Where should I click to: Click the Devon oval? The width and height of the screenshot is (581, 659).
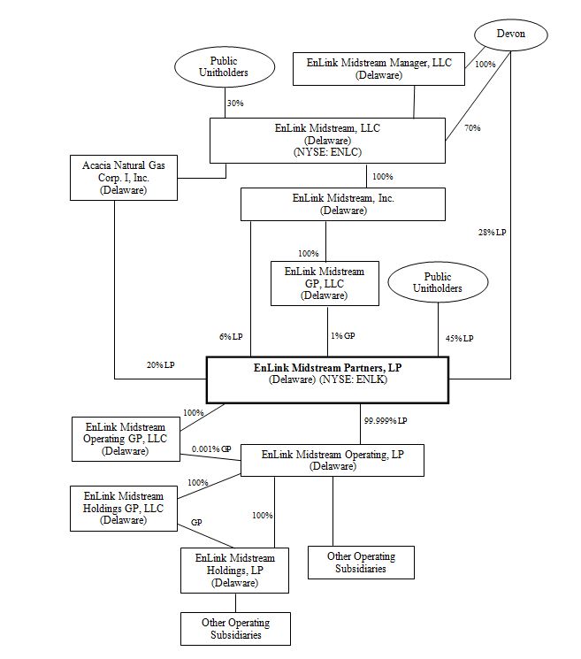(x=511, y=34)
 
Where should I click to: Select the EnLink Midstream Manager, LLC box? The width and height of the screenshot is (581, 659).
(x=378, y=69)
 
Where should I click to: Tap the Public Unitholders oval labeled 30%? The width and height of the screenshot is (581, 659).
(x=225, y=67)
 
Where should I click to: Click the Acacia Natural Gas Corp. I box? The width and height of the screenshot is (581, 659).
(x=124, y=178)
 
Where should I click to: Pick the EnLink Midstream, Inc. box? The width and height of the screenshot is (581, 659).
(x=343, y=204)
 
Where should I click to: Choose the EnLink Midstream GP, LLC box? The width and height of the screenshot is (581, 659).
(x=325, y=284)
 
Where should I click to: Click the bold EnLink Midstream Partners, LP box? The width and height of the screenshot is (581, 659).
(x=328, y=380)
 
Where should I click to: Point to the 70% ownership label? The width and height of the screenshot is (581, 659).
(x=472, y=127)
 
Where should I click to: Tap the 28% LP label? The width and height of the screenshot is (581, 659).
(x=492, y=232)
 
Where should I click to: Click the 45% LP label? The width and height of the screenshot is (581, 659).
(x=459, y=338)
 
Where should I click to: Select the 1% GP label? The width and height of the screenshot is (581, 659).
(x=343, y=336)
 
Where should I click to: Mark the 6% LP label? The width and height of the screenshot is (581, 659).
(x=231, y=337)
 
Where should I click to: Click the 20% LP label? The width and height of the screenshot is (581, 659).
(x=160, y=364)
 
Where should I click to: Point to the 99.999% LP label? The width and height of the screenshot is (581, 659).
(x=386, y=421)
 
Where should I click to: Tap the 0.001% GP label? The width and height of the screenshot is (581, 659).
(x=211, y=448)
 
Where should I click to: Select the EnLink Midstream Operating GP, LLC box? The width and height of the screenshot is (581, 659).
(x=126, y=440)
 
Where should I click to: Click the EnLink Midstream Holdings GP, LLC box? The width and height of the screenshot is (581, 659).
(x=124, y=509)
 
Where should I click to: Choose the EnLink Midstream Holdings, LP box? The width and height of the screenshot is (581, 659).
(x=235, y=571)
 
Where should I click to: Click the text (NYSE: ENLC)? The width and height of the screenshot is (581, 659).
(x=327, y=152)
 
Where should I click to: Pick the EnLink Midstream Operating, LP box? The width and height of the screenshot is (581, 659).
(x=333, y=460)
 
